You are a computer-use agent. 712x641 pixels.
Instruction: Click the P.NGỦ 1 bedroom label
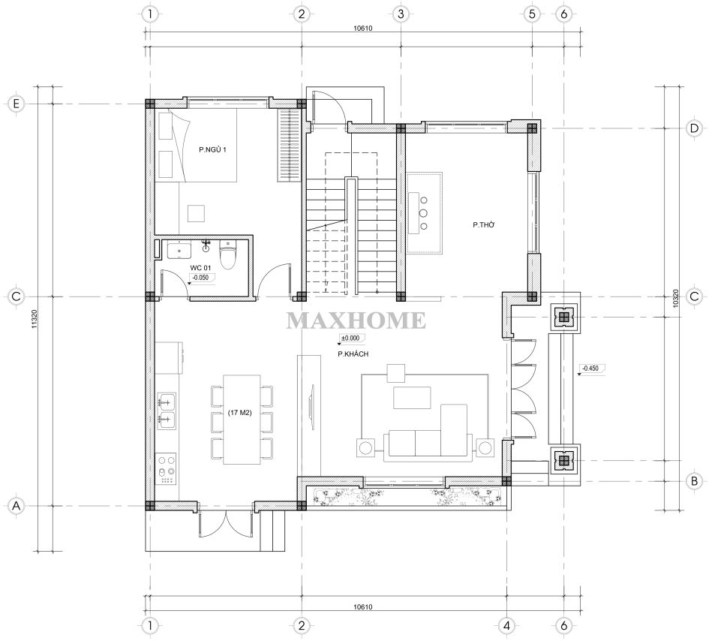click(212, 149)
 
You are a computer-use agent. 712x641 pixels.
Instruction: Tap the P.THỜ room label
click(484, 224)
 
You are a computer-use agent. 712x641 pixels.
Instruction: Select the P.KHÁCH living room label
click(353, 354)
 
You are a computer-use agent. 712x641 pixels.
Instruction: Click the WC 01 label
click(200, 268)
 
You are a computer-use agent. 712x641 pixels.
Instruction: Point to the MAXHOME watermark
click(356, 320)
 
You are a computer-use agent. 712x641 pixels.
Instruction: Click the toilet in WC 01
click(227, 254)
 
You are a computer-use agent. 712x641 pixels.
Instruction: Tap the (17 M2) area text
click(240, 413)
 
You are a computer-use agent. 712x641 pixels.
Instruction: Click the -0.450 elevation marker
click(591, 369)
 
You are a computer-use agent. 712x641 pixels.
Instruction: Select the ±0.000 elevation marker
click(352, 339)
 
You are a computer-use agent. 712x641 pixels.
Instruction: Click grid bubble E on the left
click(17, 104)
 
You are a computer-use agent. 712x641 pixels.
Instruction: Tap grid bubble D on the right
click(694, 128)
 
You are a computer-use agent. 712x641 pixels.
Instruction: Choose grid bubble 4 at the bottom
click(506, 626)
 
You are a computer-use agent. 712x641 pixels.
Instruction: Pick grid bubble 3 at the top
click(401, 14)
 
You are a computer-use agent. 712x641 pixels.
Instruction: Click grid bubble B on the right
click(694, 481)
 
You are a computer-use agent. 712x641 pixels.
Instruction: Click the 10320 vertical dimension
click(675, 299)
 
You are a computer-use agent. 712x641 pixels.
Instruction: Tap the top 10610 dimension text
click(363, 29)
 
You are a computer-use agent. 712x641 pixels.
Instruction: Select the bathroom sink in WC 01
click(179, 251)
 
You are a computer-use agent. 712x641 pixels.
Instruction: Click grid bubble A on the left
click(17, 506)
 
